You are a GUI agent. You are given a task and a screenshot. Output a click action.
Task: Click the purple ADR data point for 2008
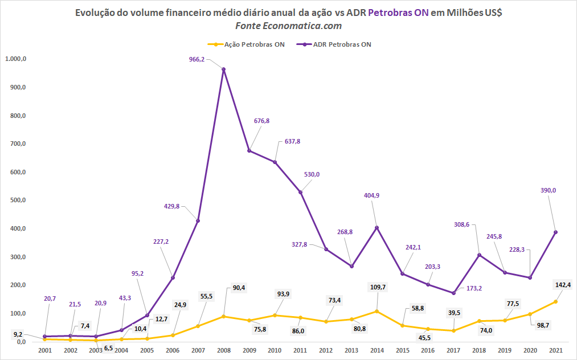tap(224, 69)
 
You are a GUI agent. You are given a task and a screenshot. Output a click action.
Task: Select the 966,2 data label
tap(197, 59)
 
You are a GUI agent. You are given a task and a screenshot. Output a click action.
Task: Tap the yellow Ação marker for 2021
tap(556, 302)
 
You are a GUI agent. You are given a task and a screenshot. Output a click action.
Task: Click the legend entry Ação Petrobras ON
tap(247, 44)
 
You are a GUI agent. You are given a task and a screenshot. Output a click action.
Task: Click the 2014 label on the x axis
tap(377, 350)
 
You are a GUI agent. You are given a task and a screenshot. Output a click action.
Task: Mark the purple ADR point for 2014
tap(377, 227)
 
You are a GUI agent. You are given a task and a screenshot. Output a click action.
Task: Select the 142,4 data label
tap(563, 285)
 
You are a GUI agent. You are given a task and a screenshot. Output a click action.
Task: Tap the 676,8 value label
tap(261, 121)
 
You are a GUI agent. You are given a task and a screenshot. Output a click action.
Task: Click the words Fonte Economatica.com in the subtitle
tap(288, 26)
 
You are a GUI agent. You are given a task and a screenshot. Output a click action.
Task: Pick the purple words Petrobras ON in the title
tap(398, 13)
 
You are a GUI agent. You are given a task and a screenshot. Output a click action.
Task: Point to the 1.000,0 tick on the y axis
tap(15, 59)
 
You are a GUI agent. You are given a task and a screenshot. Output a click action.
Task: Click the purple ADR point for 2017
tap(453, 293)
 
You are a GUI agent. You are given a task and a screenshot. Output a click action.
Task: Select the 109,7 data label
tap(378, 287)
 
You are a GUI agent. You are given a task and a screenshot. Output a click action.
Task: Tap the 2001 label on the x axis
tap(45, 350)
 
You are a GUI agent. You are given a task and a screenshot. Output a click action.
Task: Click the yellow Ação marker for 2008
tap(224, 317)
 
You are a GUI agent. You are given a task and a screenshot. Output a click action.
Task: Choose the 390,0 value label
tap(549, 190)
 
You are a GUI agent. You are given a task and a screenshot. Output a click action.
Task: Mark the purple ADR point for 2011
tap(300, 192)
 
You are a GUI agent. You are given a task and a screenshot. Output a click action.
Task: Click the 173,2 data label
tap(474, 288)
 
